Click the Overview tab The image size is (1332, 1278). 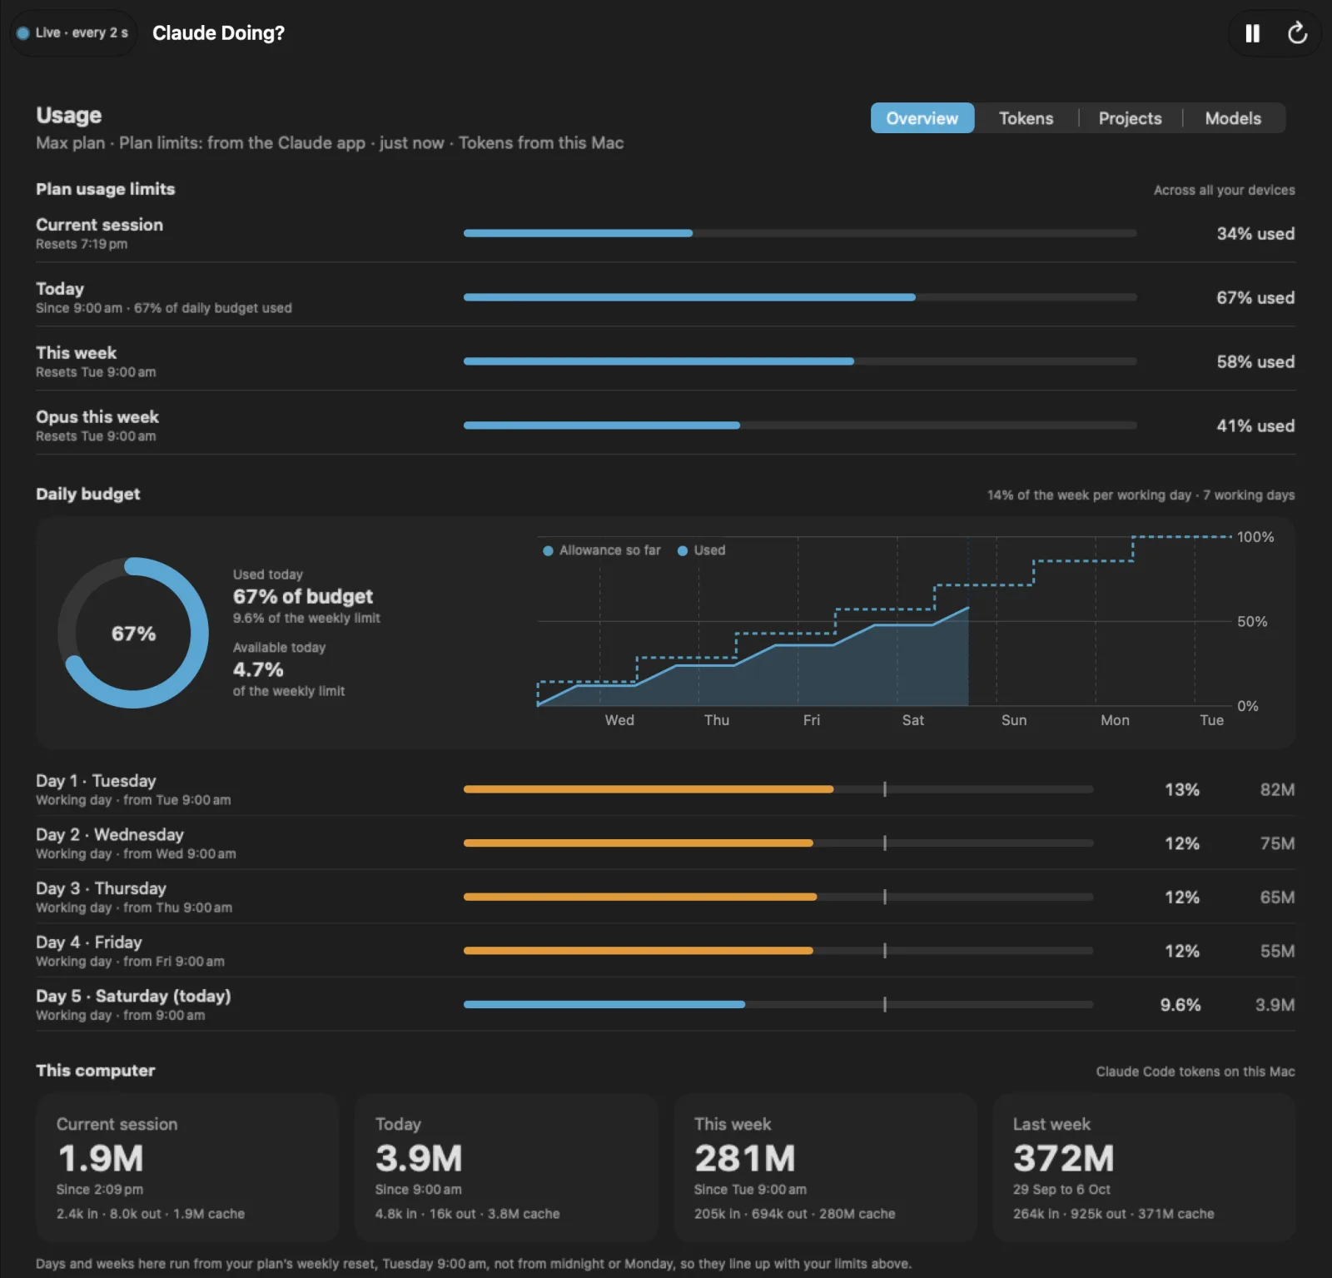point(922,118)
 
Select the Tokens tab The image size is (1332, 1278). point(1026,118)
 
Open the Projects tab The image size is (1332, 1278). point(1130,118)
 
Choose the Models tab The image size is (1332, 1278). point(1233,118)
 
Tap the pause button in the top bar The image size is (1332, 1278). point(1252,33)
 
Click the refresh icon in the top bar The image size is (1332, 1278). point(1297,33)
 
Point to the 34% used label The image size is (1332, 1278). point(1255,234)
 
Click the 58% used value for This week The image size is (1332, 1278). point(1255,362)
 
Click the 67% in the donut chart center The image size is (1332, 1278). point(134,634)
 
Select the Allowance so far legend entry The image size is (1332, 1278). point(602,550)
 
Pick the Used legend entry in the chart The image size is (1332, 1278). point(702,550)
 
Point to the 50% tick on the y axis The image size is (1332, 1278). point(1252,622)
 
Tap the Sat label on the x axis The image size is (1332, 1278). point(913,720)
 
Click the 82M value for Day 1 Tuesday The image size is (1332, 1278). point(1277,790)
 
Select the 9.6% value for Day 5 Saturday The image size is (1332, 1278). point(1180,1005)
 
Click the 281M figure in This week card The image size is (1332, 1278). point(745,1158)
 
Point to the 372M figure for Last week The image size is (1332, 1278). point(1063,1158)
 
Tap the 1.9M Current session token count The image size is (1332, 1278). point(101,1158)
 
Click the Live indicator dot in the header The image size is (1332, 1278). point(23,33)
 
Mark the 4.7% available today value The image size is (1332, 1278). point(258,669)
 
